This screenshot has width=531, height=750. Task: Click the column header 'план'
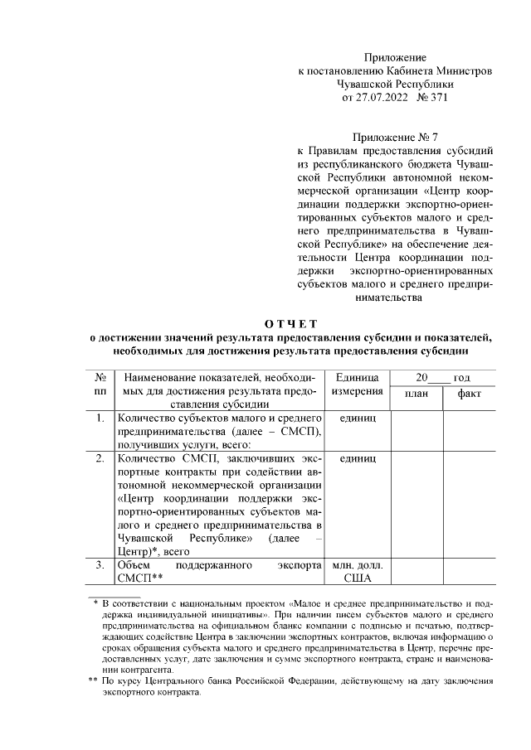click(x=417, y=393)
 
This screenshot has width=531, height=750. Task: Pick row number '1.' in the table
click(x=100, y=418)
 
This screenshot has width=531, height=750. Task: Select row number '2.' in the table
click(x=100, y=457)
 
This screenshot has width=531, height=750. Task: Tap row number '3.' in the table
click(x=100, y=564)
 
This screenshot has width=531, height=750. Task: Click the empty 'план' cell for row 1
click(x=417, y=430)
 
